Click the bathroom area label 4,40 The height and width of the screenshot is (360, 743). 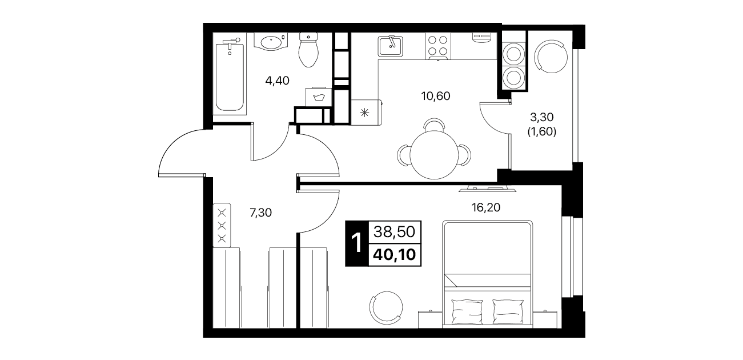(x=278, y=81)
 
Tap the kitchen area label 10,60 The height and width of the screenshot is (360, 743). (x=436, y=96)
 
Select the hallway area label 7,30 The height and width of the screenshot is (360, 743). (x=261, y=213)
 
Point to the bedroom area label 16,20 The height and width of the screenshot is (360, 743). (x=486, y=207)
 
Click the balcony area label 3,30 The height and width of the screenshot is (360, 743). (x=541, y=117)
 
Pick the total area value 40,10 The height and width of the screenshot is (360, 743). (x=395, y=255)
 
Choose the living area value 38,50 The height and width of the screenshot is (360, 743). (x=395, y=231)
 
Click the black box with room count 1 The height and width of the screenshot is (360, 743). (x=357, y=243)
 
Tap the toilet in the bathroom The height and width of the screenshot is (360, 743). (x=308, y=50)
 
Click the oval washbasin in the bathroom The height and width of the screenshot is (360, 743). (x=271, y=42)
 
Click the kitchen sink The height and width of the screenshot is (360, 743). (x=390, y=46)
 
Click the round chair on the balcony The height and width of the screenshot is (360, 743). (x=551, y=57)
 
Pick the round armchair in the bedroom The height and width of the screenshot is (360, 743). (x=387, y=308)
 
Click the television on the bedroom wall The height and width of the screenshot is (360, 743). (x=488, y=189)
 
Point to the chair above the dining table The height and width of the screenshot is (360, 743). (x=434, y=124)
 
